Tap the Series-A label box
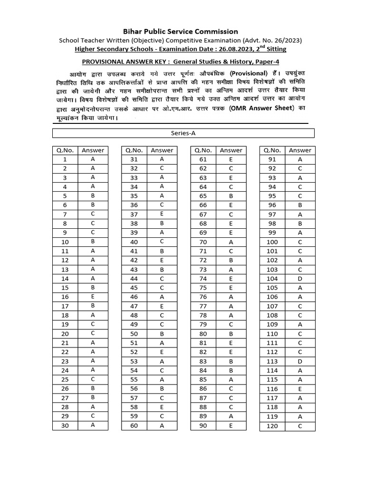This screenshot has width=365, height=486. pos(183,133)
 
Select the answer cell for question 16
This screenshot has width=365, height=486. pos(93,297)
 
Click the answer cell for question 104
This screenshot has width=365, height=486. pos(300,279)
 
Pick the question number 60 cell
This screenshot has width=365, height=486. pos(134,425)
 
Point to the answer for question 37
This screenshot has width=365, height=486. pos(162,215)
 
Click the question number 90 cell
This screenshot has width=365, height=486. pos(203,425)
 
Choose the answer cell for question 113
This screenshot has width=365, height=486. pos(300,361)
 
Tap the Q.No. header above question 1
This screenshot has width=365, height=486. pos(65,150)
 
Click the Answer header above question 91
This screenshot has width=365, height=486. pos(300,150)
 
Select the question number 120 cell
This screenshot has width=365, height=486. pos(272,426)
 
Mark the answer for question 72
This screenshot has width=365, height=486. pos(231,260)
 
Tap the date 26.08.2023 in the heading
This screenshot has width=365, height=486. pos(231,49)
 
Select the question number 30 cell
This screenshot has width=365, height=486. pos(65,425)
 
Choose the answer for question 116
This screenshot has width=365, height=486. pos(300,389)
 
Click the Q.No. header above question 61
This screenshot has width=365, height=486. pos(203,150)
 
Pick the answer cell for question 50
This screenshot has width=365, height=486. pos(162,334)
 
